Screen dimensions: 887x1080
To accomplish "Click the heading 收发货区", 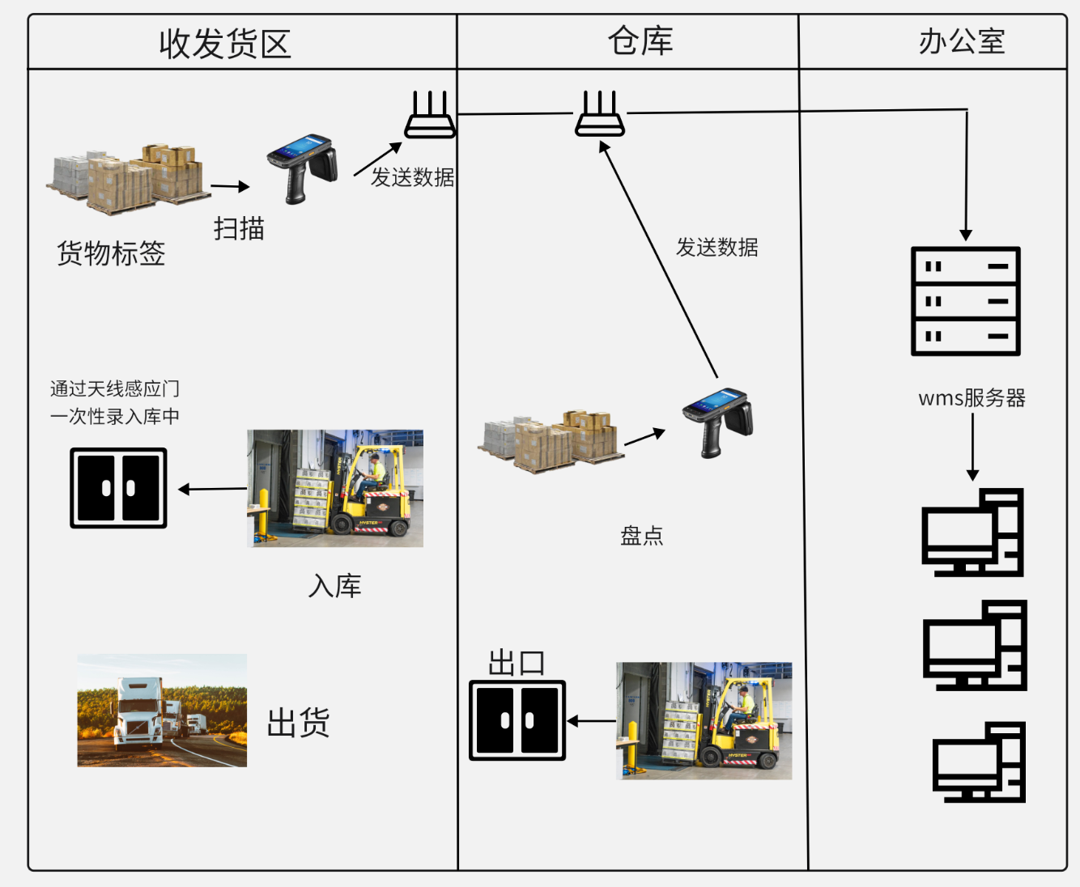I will [225, 44].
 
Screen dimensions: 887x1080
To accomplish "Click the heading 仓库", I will [640, 41].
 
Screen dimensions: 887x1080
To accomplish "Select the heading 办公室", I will [962, 41].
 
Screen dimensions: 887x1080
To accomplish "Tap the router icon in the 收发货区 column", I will [430, 115].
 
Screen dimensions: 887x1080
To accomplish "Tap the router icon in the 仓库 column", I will [600, 114].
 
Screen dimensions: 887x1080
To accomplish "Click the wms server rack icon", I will [965, 301].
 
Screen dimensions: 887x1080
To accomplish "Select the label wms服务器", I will [972, 398].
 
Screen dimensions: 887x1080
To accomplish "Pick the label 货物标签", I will [111, 253].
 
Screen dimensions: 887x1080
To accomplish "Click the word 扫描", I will [239, 229].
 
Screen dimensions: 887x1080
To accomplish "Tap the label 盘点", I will [642, 536].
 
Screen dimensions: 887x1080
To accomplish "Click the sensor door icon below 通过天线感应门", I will [118, 488].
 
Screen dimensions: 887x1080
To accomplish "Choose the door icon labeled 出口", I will [517, 720].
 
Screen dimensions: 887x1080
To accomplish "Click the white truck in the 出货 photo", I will [139, 712].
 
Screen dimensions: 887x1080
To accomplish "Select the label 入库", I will [334, 586].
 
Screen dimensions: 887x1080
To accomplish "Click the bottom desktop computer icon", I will [979, 762].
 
